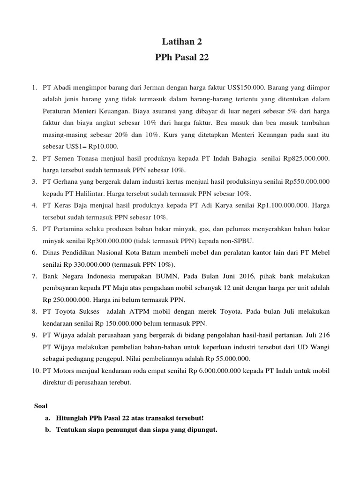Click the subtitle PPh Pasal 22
click(x=180, y=58)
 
